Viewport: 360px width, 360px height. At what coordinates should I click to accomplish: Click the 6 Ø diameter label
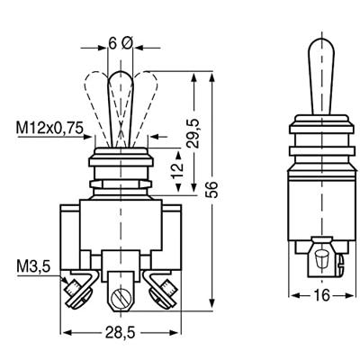120,43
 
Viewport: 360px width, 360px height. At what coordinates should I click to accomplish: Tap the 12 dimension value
175,168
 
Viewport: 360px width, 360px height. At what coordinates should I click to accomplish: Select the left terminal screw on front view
74,288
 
